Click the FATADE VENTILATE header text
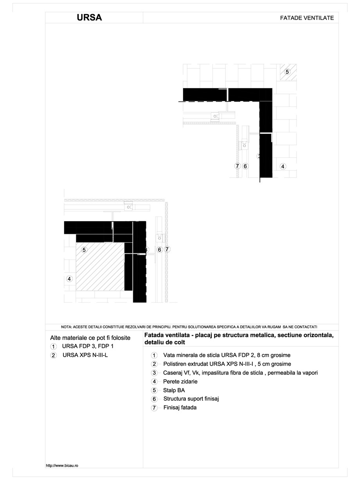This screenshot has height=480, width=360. tap(307, 18)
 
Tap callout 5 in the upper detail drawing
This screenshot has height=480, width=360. tap(287, 72)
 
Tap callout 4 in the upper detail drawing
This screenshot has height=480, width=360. tap(283, 166)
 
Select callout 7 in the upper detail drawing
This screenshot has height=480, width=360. tap(237, 166)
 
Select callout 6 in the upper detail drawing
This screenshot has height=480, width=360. tap(245, 166)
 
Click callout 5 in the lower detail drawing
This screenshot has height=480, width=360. tap(84, 249)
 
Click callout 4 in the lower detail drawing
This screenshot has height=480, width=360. tap(69, 279)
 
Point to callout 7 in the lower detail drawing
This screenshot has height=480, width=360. tap(167, 249)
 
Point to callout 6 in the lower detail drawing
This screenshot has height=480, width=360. tap(159, 249)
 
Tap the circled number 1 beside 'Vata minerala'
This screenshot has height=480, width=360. tap(154, 355)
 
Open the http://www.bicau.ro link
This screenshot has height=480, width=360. tap(63, 466)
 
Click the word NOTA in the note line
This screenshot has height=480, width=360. tap(67, 327)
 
